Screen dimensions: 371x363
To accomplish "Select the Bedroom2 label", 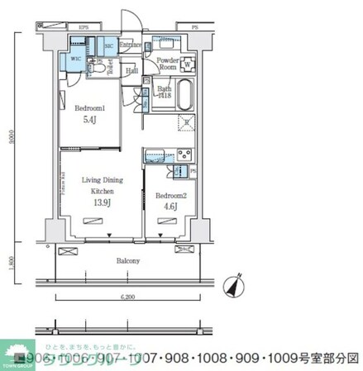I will pos(170,196).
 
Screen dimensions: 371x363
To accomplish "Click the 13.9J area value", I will pos(103,202).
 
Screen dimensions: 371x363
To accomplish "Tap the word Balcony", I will pos(128,260).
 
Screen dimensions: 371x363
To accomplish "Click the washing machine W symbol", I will pos(188,65).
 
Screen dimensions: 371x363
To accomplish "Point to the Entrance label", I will pos(131,45).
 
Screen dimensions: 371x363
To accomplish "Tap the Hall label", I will pos(132,71).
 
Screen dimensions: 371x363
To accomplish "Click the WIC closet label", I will pos(76,59).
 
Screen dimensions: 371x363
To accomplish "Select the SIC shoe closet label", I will pos(110,46).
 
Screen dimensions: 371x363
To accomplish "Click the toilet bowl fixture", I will pos(98,69).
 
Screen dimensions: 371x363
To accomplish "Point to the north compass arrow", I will pos(236,284).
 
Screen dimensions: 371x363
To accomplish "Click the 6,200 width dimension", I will pos(127,296).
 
